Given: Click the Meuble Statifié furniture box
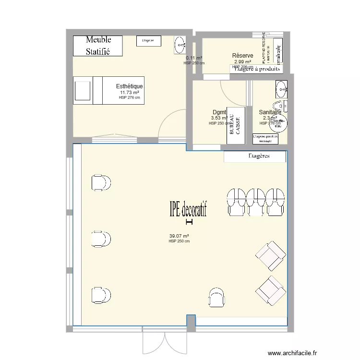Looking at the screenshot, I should click(x=98, y=45).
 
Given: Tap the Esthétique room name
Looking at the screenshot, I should click(x=129, y=86).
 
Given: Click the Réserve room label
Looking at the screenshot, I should click(x=242, y=56).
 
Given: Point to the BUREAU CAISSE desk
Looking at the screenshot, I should click(x=235, y=129).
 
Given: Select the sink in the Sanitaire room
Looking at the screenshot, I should click(x=281, y=88).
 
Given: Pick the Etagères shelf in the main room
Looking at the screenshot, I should click(x=255, y=156).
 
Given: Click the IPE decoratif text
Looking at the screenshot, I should click(x=188, y=209).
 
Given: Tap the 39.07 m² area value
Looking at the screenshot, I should click(x=179, y=236).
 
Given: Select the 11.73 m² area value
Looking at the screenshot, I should click(x=129, y=93).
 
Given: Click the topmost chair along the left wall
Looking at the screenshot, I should click(x=101, y=182).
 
